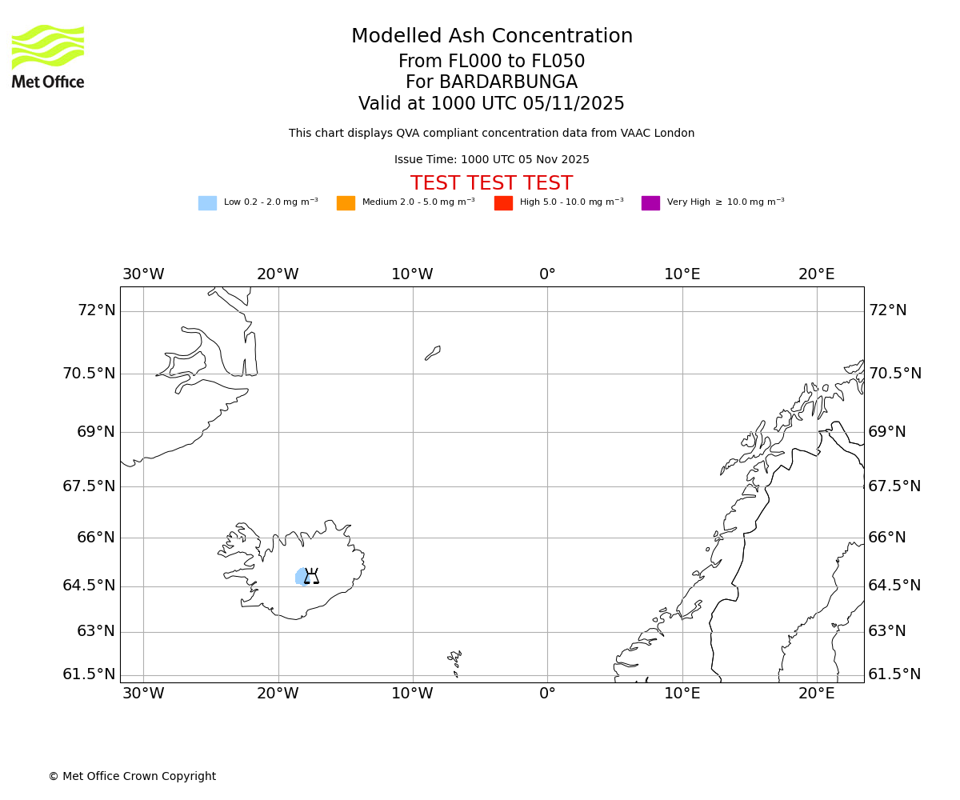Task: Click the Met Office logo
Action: pyautogui.click(x=48, y=56)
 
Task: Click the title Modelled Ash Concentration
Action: pyautogui.click(x=491, y=37)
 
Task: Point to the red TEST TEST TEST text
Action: pyautogui.click(x=491, y=183)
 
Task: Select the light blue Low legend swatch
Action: pyautogui.click(x=207, y=203)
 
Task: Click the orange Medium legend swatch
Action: pyautogui.click(x=346, y=203)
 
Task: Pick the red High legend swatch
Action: pyautogui.click(x=503, y=203)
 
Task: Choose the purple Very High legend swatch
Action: pyautogui.click(x=650, y=203)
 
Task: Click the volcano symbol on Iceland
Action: pyautogui.click(x=311, y=576)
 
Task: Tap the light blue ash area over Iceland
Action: pyautogui.click(x=300, y=576)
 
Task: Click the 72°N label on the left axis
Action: pyautogui.click(x=96, y=310)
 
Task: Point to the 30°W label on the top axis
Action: pyautogui.click(x=143, y=274)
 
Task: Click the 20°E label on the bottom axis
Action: pyautogui.click(x=816, y=694)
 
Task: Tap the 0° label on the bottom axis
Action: pyautogui.click(x=547, y=694)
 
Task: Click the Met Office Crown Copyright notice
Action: pyautogui.click(x=132, y=777)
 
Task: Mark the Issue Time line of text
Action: pyautogui.click(x=491, y=160)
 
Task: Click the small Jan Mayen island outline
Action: pyautogui.click(x=433, y=353)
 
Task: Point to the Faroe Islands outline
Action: pyautogui.click(x=454, y=661)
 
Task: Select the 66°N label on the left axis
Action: pyautogui.click(x=96, y=538)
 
